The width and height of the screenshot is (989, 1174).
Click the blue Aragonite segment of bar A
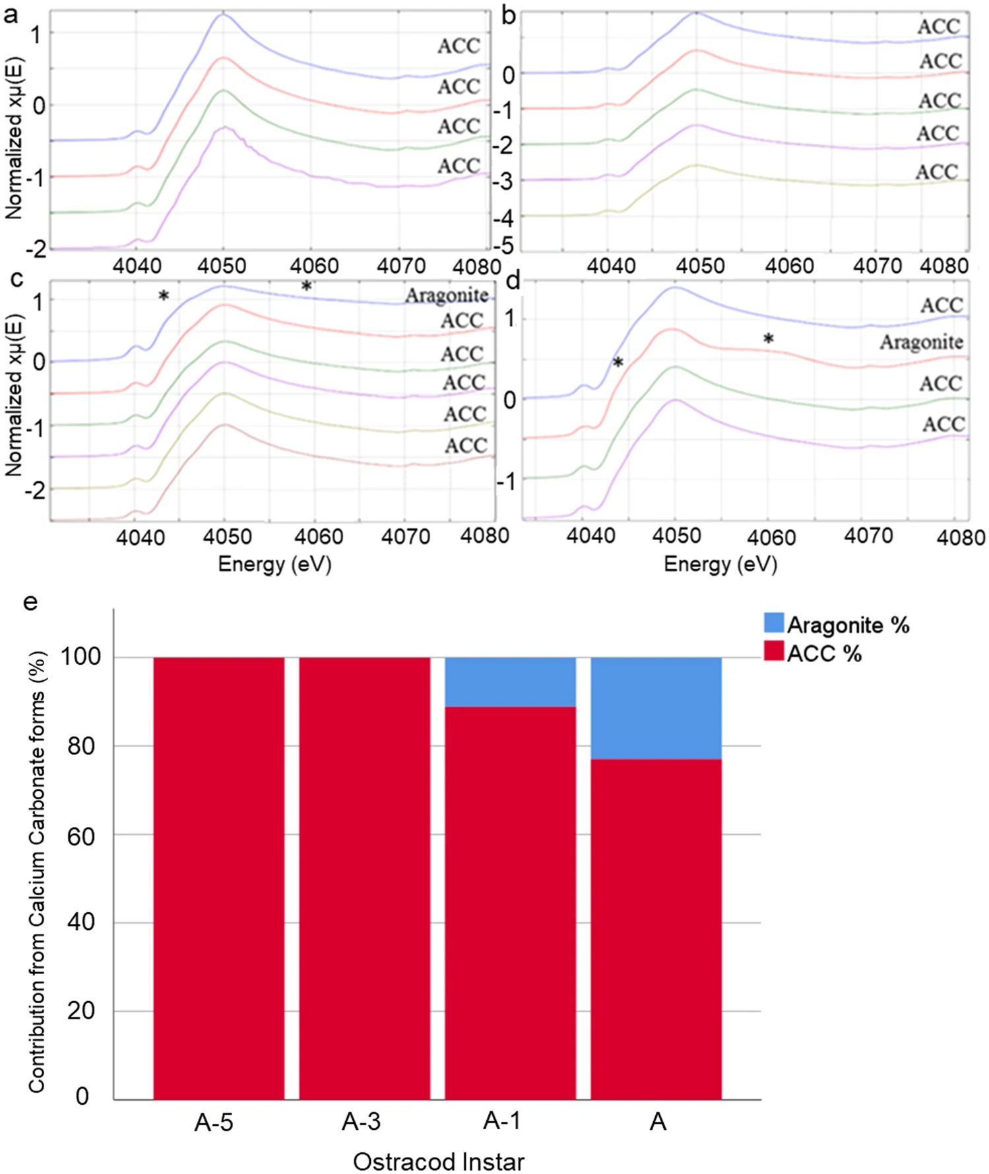pos(656,708)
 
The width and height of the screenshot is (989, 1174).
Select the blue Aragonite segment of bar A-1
pos(510,681)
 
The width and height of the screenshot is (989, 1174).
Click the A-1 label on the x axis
pos(501,1121)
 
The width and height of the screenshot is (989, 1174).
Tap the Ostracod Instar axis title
pos(438,1161)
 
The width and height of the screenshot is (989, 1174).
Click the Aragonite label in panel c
pos(447,295)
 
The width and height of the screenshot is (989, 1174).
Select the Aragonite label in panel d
pos(921,342)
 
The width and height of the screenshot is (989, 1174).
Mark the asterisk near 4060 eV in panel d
pos(769,340)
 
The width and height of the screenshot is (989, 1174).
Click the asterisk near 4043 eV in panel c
pos(164,296)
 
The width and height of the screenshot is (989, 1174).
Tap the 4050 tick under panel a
pos(222,266)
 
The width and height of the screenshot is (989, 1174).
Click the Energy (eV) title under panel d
pos(720,564)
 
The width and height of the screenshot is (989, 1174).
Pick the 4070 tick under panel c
pos(405,536)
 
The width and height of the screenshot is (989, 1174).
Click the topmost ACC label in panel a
pos(459,46)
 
